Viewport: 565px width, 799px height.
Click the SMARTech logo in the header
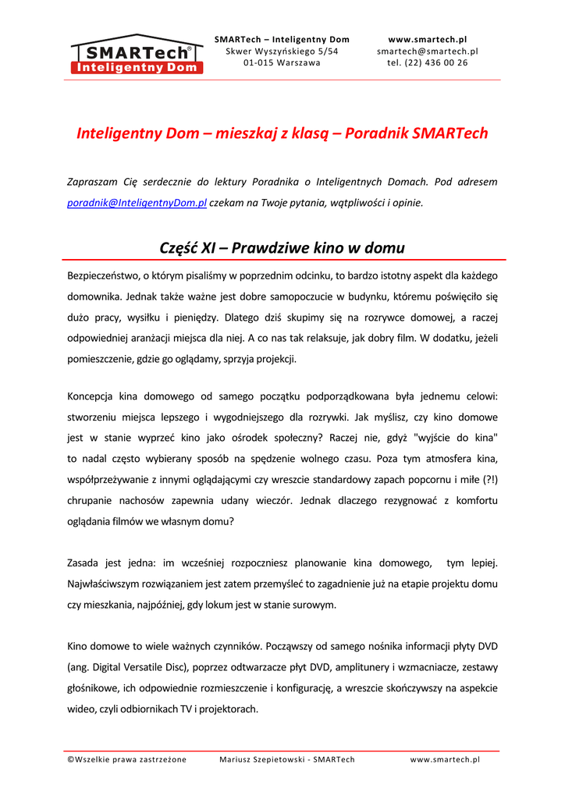pos(137,55)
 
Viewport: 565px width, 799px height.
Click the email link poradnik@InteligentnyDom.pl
pos(137,203)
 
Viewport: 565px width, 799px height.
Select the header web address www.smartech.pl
pos(427,39)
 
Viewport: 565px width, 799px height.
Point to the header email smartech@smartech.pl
pos(427,51)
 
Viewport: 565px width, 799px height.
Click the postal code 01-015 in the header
pos(258,63)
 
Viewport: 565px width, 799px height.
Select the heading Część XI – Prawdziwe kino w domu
pos(282,248)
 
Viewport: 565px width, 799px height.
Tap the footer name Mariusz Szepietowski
pos(263,759)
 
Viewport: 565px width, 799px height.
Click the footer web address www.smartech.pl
pos(445,759)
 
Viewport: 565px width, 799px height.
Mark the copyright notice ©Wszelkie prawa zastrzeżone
pos(126,759)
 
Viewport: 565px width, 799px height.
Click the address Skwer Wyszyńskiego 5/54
pos(282,51)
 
